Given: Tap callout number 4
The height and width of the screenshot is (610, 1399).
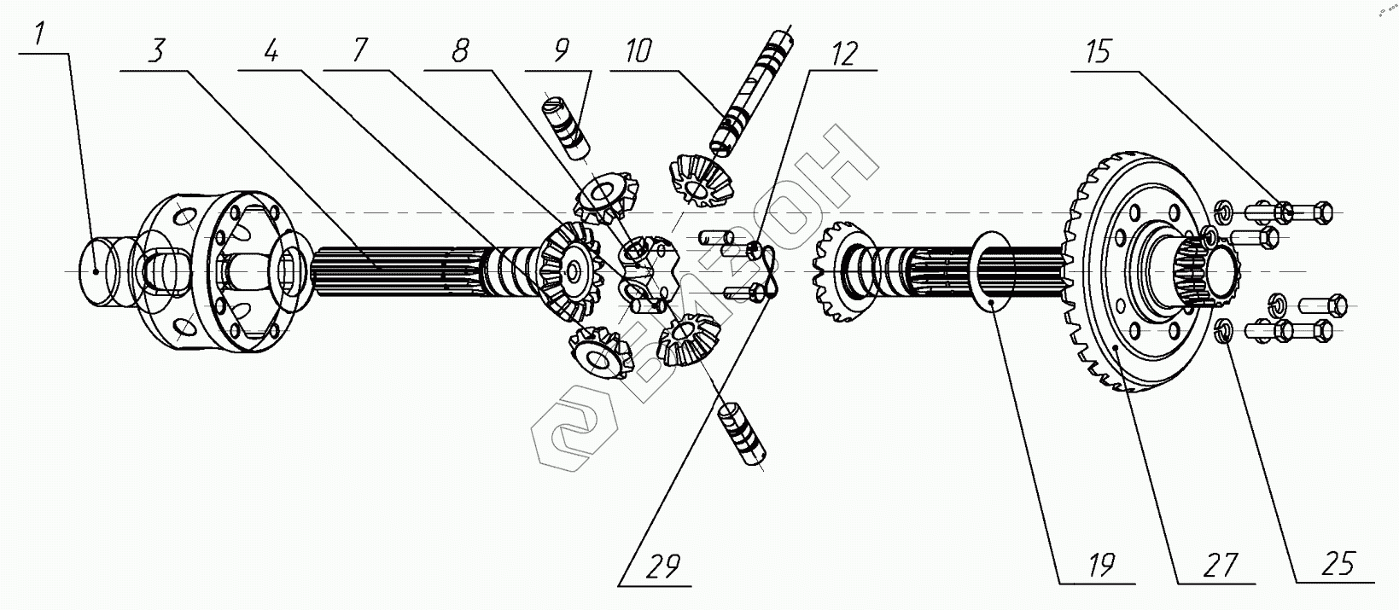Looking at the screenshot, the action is pyautogui.click(x=271, y=53).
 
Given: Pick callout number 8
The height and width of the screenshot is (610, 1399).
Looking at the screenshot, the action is pyautogui.click(x=460, y=52).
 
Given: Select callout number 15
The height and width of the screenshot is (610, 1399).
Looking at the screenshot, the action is pyautogui.click(x=1099, y=52).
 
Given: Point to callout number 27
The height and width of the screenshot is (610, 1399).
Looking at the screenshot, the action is pyautogui.click(x=1220, y=565).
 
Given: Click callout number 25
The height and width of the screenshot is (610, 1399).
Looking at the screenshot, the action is pyautogui.click(x=1338, y=564).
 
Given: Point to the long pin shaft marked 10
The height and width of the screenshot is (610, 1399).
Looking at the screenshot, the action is pyautogui.click(x=751, y=94).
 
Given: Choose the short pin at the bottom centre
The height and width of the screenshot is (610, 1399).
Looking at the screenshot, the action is pyautogui.click(x=743, y=435).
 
